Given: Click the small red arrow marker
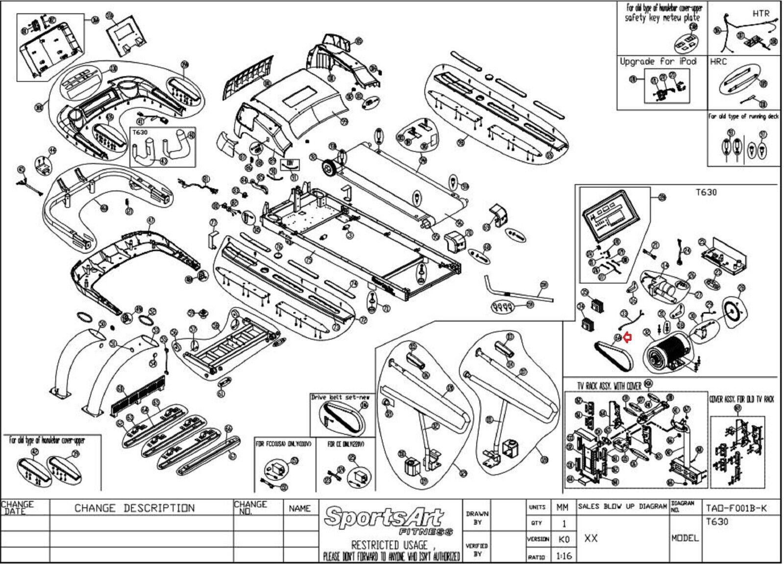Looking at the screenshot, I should (628, 337).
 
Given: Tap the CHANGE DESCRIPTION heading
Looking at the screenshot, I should (134, 508).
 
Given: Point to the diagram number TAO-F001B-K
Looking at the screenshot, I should (736, 508).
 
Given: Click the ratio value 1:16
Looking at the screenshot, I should (563, 556).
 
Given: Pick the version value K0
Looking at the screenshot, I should (563, 539).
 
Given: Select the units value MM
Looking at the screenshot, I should (563, 508).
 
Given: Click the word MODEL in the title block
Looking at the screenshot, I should (685, 538).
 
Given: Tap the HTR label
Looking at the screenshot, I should (760, 14).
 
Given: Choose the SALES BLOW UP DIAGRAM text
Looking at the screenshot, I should (622, 506).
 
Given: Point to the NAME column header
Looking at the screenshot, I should (299, 508).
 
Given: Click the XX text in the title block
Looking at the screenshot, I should (591, 538).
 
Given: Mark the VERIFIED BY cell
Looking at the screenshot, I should (477, 549).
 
